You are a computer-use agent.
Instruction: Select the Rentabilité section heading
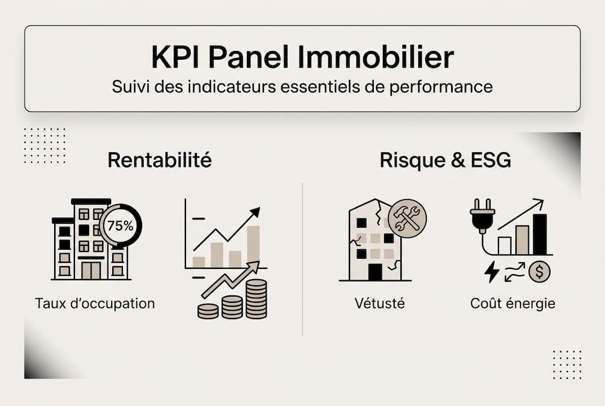160,160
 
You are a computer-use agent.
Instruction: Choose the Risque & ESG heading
445,160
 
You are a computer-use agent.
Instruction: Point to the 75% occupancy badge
121,226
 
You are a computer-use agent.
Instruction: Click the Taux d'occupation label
95,303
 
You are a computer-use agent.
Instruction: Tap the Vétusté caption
379,303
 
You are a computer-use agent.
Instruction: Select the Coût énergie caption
513,303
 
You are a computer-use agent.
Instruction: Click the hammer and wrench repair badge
408,218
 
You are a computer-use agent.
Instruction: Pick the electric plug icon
482,217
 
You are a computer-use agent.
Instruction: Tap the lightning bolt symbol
492,272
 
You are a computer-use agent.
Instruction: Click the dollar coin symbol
539,272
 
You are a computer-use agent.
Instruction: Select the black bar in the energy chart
540,234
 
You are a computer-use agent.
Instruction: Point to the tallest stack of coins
257,298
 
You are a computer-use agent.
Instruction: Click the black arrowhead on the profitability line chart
255,212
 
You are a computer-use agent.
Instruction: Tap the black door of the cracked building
375,271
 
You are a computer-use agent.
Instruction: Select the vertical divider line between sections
303,259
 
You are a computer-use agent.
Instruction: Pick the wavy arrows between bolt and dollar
515,272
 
